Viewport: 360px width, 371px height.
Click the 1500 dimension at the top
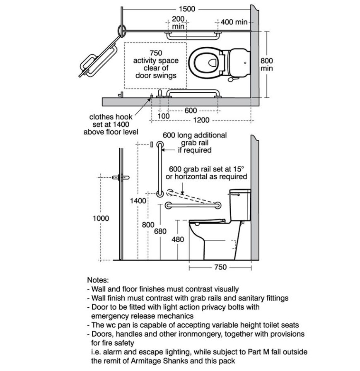pyautogui.click(x=187, y=9)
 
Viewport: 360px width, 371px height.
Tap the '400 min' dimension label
pyautogui.click(x=234, y=22)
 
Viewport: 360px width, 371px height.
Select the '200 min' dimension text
pyautogui.click(x=178, y=22)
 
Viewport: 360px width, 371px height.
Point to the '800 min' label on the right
pyautogui.click(x=266, y=64)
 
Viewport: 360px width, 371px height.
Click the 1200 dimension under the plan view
pyautogui.click(x=201, y=120)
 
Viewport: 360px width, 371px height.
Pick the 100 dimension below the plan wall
pyautogui.click(x=163, y=116)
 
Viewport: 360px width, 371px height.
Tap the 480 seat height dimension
pyautogui.click(x=178, y=239)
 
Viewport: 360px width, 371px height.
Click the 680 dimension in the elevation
pyautogui.click(x=160, y=231)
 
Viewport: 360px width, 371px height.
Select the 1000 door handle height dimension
pyautogui.click(x=101, y=218)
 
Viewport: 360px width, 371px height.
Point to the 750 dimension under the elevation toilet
pyautogui.click(x=220, y=267)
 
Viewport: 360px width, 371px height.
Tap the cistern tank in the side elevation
pyautogui.click(x=240, y=205)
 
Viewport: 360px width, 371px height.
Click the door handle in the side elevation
pyautogui.click(x=121, y=178)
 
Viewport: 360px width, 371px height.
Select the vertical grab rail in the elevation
pyautogui.click(x=160, y=169)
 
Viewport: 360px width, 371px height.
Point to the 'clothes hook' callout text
pyautogui.click(x=111, y=117)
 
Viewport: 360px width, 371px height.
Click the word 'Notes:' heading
pyautogui.click(x=98, y=280)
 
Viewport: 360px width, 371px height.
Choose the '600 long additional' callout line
pyautogui.click(x=195, y=135)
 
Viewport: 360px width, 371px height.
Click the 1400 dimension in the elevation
pyautogui.click(x=138, y=201)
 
